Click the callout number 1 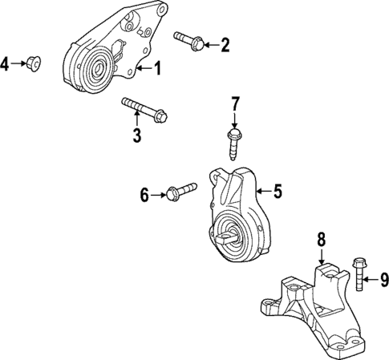(157, 69)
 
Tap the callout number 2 (225, 45)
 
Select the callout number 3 (136, 134)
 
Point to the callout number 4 (6, 63)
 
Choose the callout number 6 (145, 194)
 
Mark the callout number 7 (236, 103)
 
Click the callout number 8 (320, 238)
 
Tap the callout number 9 (383, 280)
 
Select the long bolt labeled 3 (144, 108)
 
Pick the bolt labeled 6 (180, 192)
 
